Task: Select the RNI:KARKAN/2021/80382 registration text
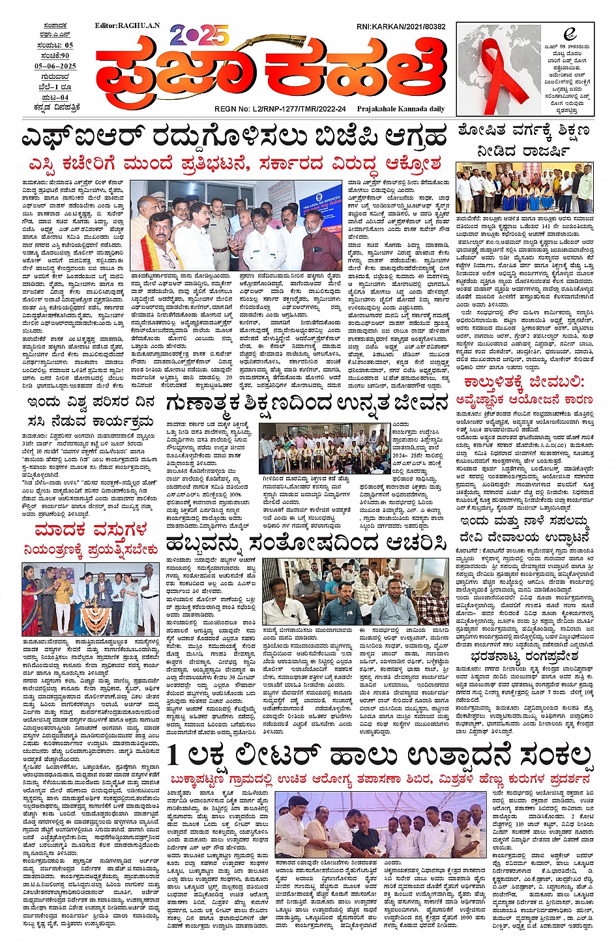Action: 401,27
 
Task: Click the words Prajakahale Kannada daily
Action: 400,109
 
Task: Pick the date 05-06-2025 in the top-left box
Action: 55,66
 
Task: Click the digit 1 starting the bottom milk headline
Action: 173,755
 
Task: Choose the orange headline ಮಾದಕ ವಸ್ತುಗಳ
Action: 91,529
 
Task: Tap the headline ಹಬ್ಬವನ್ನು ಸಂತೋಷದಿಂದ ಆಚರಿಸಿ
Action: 306,543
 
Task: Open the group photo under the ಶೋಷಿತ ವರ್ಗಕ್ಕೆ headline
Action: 525,190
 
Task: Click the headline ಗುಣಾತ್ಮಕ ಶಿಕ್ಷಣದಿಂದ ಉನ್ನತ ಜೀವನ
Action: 307,403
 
